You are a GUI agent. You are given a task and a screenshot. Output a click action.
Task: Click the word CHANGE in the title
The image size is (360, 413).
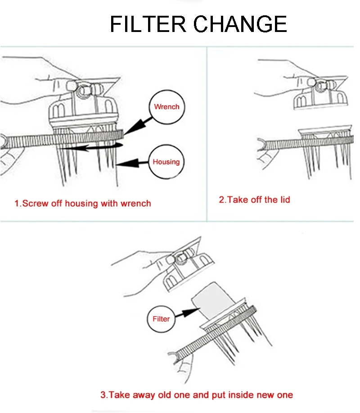(240, 24)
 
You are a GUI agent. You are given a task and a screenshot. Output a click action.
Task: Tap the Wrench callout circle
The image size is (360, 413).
(167, 107)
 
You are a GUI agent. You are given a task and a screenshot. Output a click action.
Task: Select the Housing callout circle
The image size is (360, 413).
(166, 162)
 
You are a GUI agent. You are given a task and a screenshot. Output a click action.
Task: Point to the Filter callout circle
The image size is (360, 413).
(161, 319)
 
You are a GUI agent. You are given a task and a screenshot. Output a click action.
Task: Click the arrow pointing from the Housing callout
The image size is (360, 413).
(132, 163)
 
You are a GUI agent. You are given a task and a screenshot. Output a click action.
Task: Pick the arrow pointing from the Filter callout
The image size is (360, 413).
(187, 313)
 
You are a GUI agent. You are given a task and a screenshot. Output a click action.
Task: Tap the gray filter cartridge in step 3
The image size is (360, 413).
(213, 298)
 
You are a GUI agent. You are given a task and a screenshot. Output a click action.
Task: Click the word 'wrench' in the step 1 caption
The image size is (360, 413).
(135, 204)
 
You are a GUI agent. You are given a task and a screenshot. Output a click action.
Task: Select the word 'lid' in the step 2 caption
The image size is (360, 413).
(285, 200)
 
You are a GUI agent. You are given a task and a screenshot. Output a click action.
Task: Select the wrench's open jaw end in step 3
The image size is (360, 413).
(173, 358)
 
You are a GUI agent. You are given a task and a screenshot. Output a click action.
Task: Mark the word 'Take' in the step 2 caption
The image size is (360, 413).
(238, 200)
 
